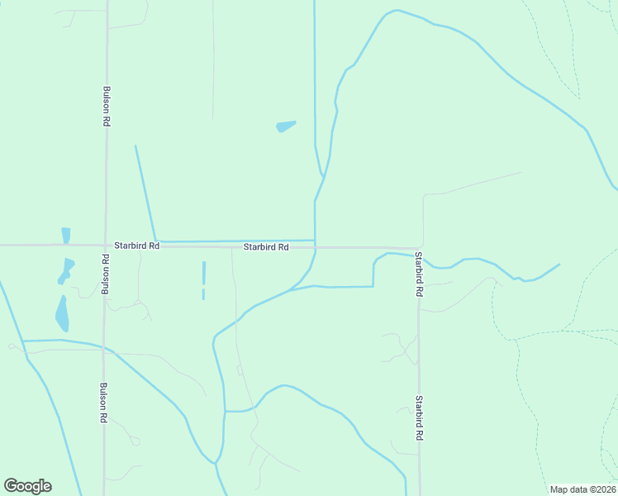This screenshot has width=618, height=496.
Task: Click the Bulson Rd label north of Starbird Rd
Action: (x=107, y=106)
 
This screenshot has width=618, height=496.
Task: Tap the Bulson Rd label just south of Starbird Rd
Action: (x=105, y=274)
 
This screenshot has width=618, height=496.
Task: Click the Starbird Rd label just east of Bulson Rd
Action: (x=136, y=246)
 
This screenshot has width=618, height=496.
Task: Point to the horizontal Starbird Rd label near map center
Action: (x=266, y=247)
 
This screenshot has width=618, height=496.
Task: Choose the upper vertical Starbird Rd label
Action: (x=419, y=274)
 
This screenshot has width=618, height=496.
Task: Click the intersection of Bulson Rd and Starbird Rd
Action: (x=106, y=246)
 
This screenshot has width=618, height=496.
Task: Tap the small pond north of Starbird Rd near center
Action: (x=285, y=126)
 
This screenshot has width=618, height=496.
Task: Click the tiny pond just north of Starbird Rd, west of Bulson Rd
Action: (x=66, y=235)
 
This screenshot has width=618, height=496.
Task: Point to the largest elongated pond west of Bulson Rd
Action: (x=62, y=314)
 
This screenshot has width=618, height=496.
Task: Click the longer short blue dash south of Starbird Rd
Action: (x=203, y=272)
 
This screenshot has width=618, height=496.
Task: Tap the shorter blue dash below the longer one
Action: (x=203, y=294)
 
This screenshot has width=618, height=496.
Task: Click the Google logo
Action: (x=27, y=486)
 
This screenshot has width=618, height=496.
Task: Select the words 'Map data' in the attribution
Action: (x=568, y=489)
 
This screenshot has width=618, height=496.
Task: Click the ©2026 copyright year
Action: (x=601, y=489)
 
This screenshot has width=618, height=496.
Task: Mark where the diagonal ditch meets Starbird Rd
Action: (x=156, y=241)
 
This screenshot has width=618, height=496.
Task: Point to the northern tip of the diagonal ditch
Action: (x=135, y=146)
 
